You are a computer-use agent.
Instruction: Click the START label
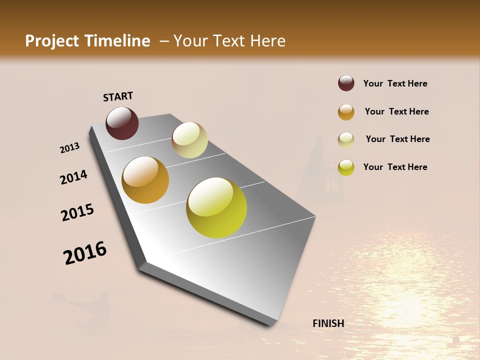118,96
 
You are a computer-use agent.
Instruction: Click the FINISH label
328,323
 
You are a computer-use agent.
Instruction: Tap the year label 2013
69,148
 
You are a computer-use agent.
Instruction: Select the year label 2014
73,177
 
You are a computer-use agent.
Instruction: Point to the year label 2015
77,212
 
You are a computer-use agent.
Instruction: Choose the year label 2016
85,253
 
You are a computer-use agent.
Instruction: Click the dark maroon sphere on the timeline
122,123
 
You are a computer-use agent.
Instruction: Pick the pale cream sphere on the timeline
189,140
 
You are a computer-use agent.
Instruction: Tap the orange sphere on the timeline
145,180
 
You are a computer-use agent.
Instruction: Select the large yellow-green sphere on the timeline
216,207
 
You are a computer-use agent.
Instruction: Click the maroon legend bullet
346,83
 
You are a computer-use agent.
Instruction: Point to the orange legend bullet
346,112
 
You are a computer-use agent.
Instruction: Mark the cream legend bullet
346,140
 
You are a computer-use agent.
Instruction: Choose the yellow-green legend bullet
346,167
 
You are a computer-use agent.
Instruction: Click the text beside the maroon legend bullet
395,83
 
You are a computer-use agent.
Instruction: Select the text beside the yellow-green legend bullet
395,167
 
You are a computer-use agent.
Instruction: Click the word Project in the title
52,41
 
